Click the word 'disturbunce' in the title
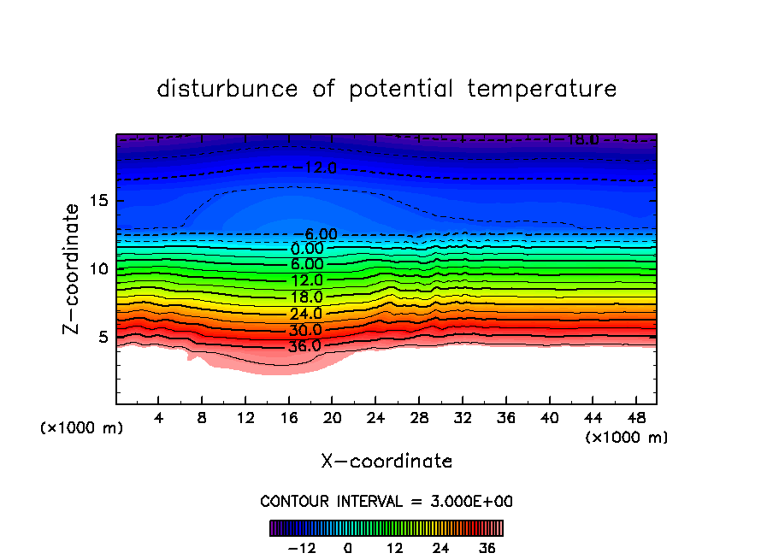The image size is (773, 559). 227,89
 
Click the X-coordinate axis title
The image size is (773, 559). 386,461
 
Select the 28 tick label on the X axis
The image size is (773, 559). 419,418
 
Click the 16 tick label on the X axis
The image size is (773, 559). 289,418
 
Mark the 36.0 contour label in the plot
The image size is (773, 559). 305,346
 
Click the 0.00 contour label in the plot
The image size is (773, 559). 306,249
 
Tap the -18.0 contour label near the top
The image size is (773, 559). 577,139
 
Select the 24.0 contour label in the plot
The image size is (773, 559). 305,314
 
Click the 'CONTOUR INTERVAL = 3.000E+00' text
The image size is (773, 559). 386,501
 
